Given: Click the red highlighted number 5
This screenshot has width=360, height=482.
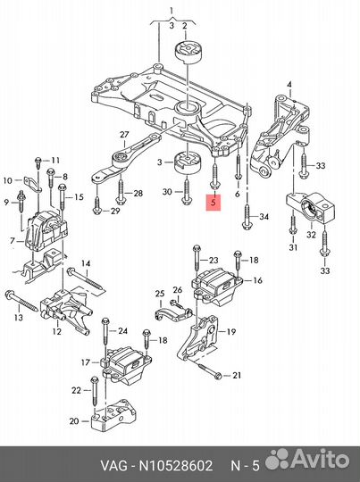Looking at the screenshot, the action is click(x=213, y=203).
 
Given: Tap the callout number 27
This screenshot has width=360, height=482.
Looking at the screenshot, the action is click(x=124, y=135).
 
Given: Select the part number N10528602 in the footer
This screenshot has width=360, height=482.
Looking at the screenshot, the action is click(x=175, y=465).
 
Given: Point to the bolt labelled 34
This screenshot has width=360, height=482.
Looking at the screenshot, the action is click(x=247, y=217).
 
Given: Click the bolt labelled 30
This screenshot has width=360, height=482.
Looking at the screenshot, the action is click(x=187, y=192).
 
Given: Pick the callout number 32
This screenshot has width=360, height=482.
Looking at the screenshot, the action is click(x=311, y=235).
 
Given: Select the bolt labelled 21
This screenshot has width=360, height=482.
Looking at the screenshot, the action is click(x=207, y=370).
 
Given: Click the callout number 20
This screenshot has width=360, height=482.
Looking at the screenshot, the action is click(x=74, y=420).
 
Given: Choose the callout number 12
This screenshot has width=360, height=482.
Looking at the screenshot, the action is click(x=56, y=331).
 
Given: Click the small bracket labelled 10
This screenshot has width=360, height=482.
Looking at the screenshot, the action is click(x=31, y=184).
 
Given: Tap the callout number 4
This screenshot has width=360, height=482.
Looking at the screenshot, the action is click(x=289, y=84).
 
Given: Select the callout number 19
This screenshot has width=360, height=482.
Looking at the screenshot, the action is click(x=231, y=332).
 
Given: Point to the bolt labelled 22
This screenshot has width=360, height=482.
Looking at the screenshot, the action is click(x=94, y=391).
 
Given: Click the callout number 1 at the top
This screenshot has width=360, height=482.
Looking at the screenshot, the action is click(x=172, y=11).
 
